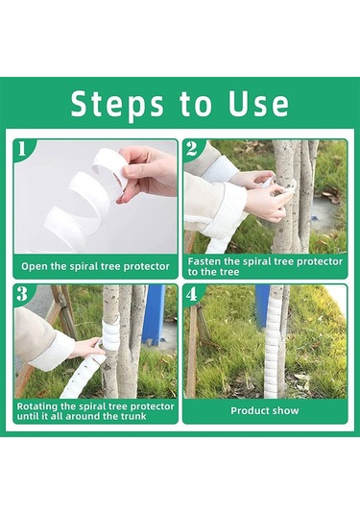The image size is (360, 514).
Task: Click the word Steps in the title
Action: coord(117,105)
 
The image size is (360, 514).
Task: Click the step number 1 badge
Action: coord(22,149)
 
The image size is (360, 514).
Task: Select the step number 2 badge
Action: coord(192,149)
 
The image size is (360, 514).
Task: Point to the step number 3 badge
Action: coord(22,294)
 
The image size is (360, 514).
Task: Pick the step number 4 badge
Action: coord(192,294)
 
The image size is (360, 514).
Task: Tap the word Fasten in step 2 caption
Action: coord(204,261)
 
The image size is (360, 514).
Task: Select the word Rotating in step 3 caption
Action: coord(36,406)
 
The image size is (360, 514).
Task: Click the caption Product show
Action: coord(265,411)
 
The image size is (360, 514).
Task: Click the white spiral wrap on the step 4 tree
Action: coord(274,342)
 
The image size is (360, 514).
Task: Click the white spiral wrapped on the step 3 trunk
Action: coord(110,332)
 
